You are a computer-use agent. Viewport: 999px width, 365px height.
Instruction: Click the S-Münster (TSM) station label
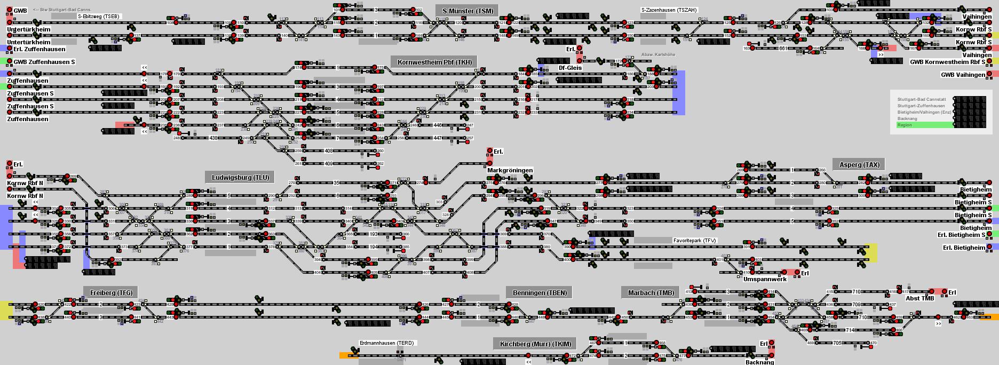click(x=467, y=11)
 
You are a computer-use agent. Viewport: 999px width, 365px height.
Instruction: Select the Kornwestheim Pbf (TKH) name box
click(x=434, y=62)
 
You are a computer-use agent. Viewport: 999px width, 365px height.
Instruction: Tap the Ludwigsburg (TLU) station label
click(x=240, y=178)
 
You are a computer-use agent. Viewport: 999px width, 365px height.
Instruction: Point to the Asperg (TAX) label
click(x=859, y=164)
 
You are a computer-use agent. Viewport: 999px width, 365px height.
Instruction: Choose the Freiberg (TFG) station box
click(x=111, y=292)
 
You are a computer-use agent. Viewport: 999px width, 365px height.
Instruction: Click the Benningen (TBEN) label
click(x=539, y=292)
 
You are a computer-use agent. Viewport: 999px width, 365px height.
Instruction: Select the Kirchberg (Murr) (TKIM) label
click(x=535, y=344)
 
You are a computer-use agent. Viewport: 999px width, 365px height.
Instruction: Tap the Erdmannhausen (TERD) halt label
click(x=387, y=343)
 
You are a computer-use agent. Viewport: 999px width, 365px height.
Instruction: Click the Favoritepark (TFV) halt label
click(x=694, y=241)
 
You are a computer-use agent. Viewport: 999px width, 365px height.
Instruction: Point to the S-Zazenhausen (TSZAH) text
click(x=669, y=10)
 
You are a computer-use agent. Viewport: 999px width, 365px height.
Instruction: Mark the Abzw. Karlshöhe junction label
click(x=658, y=54)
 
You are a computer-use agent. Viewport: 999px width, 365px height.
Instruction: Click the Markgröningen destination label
click(x=510, y=170)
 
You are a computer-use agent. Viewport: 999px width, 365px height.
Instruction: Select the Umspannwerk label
click(x=765, y=279)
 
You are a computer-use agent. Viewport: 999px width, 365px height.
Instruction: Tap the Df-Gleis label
click(x=570, y=68)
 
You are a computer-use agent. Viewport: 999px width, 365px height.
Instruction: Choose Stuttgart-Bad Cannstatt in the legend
click(x=921, y=99)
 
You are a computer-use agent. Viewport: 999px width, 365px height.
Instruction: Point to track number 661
click(x=783, y=49)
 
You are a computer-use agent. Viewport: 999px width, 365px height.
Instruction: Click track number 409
click(x=329, y=164)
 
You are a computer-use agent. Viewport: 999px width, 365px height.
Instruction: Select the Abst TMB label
click(x=920, y=298)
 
